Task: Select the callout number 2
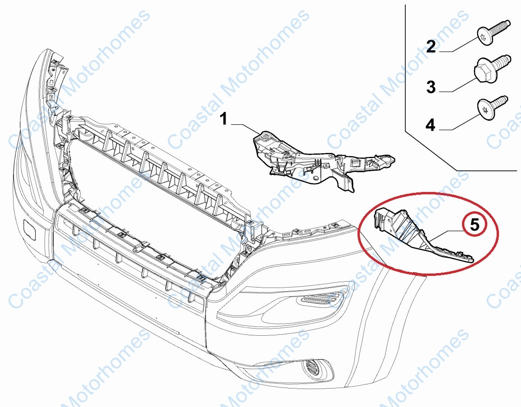click(431, 46)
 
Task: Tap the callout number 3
click(431, 87)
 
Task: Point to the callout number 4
click(430, 125)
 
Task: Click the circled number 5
click(475, 224)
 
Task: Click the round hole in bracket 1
click(316, 178)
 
